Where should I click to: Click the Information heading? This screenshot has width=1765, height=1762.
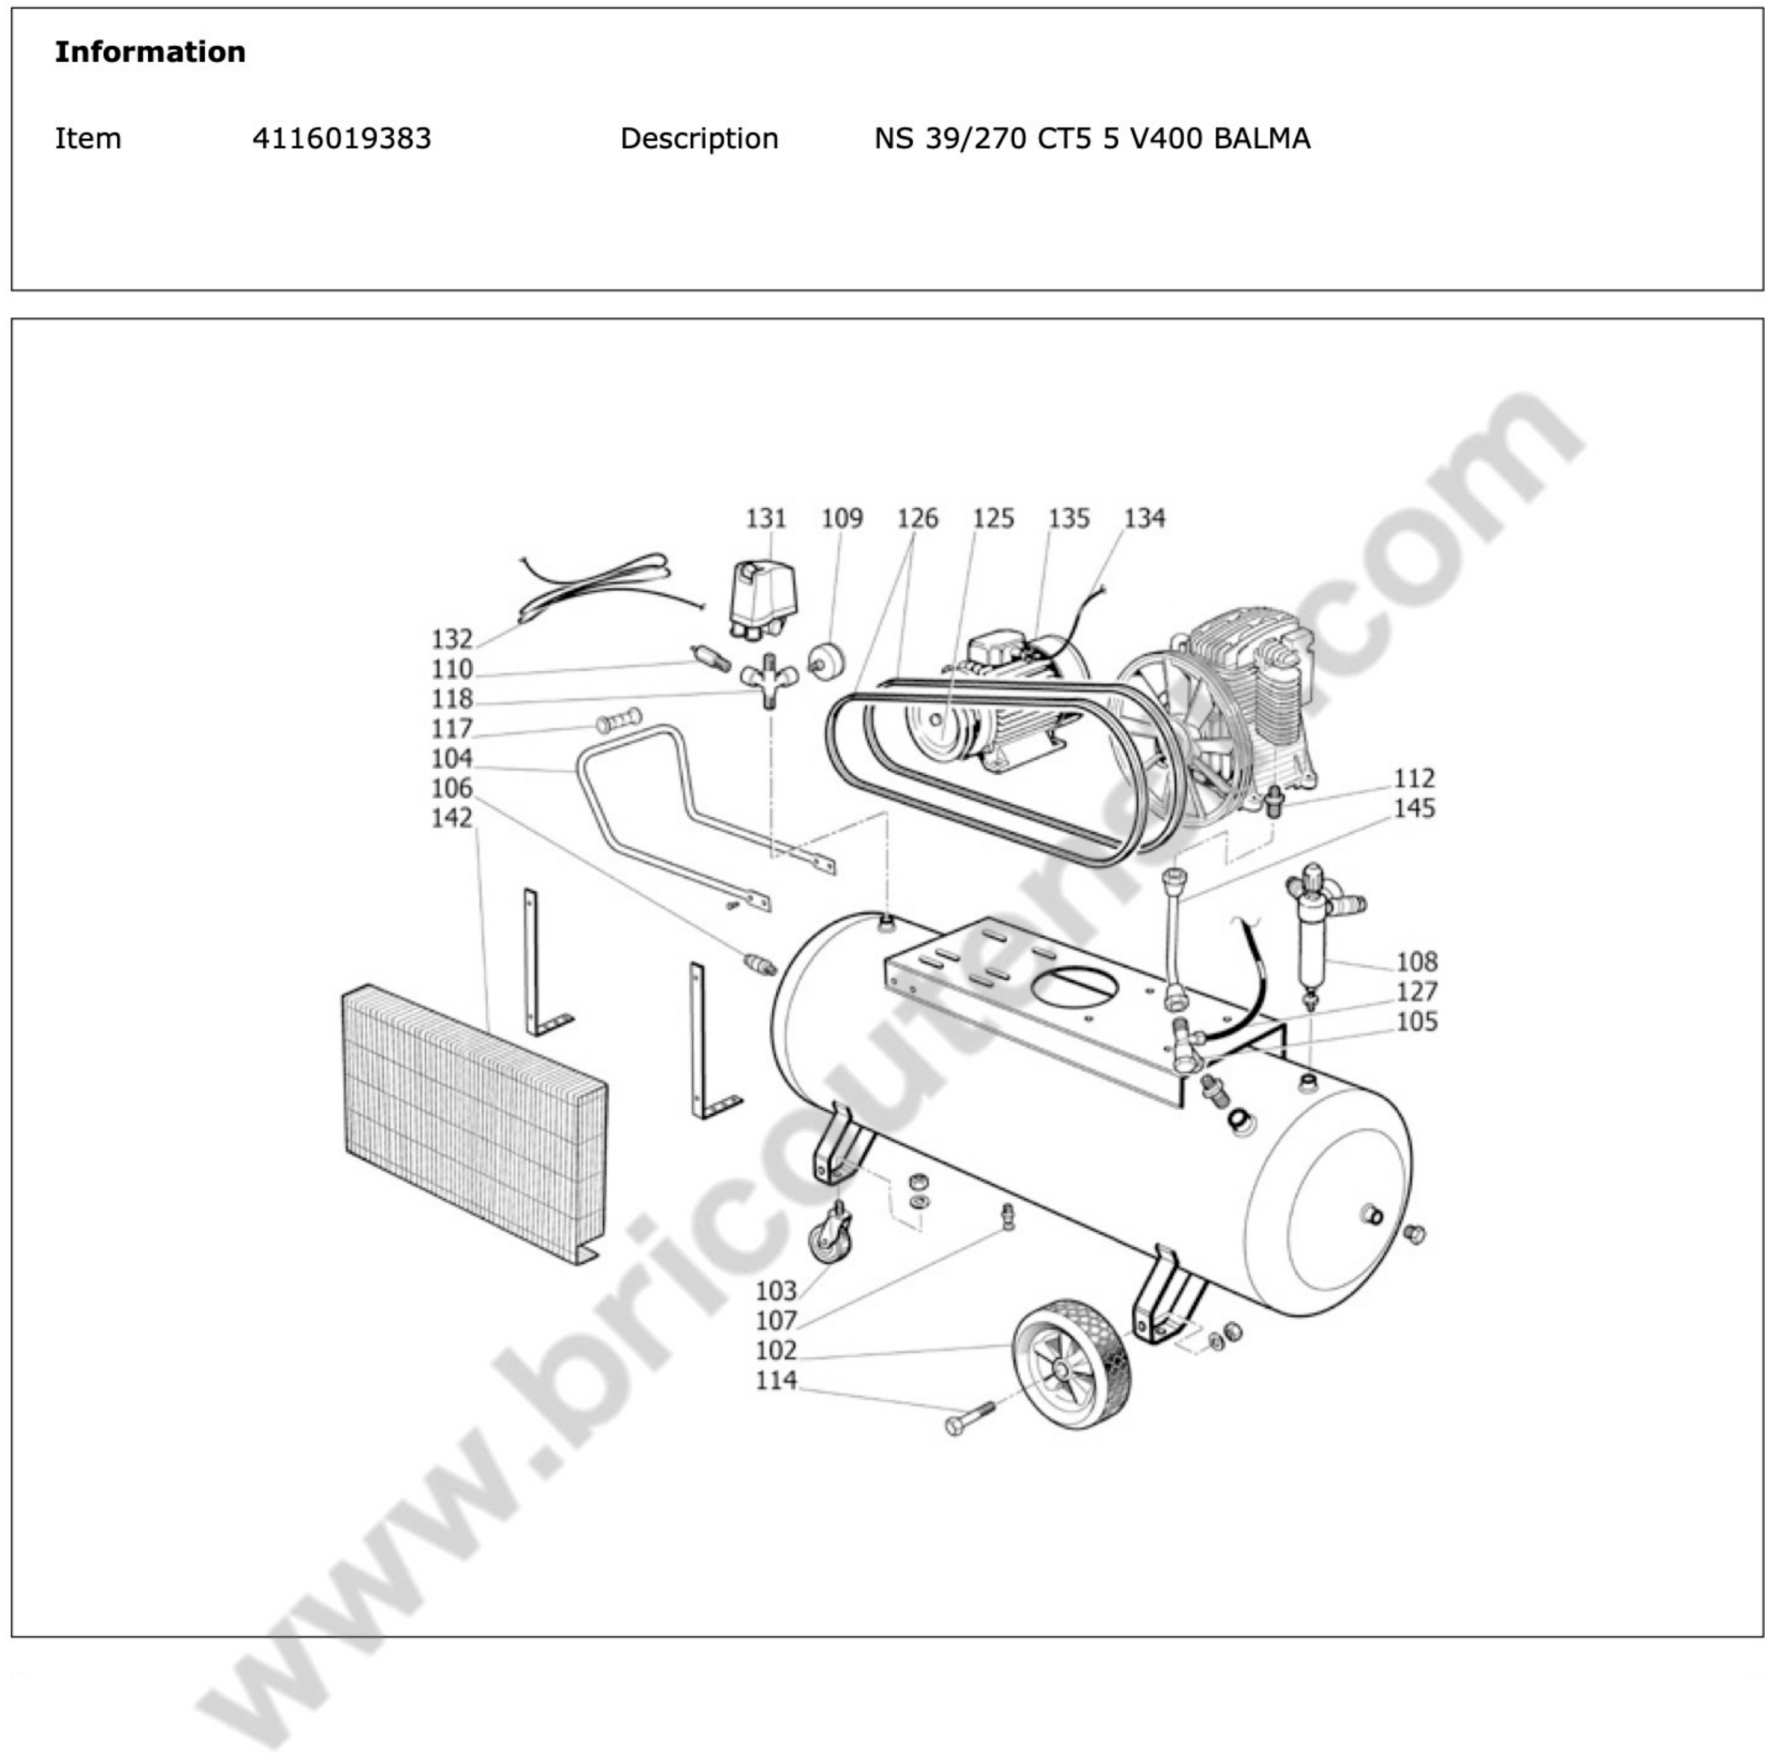150,52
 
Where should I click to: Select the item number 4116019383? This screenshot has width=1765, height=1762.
341,139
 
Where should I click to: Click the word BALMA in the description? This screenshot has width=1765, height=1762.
1261,139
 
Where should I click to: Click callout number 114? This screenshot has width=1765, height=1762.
776,1379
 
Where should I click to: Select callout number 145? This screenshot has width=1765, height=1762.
1413,808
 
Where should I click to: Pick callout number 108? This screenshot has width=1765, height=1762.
1416,962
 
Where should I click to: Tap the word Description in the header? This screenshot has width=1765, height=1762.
699,139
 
